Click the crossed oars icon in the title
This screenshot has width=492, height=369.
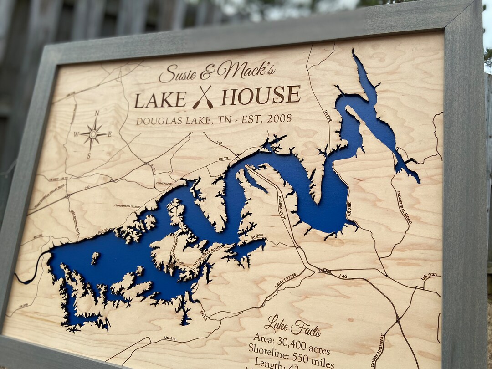[203, 97]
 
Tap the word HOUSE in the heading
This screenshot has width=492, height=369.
[261, 95]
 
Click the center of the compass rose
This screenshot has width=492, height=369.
[93, 134]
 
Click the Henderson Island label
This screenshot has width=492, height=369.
[127, 206]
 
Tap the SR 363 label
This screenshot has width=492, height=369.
[256, 236]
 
